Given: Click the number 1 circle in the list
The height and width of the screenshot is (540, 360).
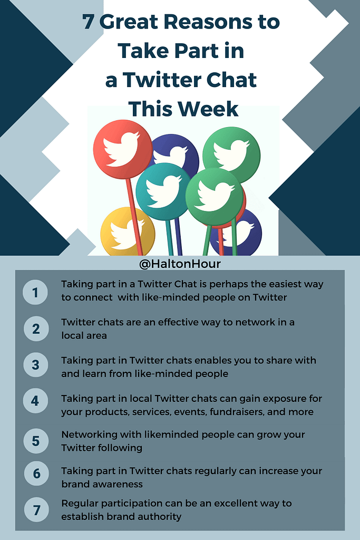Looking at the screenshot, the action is click(x=35, y=292).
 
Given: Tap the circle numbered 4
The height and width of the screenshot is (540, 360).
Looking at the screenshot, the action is click(x=35, y=401).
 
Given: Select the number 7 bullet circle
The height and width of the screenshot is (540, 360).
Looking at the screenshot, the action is click(x=36, y=510).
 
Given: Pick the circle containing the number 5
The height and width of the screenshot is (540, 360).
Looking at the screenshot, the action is click(x=36, y=441).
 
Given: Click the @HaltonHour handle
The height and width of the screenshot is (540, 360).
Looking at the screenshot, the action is click(x=180, y=264).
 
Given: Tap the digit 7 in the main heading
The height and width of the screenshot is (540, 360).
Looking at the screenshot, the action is click(x=88, y=22).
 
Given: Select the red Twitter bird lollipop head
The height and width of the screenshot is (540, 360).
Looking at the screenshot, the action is click(x=122, y=149).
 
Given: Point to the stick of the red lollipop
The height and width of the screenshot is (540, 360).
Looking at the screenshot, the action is click(x=134, y=217).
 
